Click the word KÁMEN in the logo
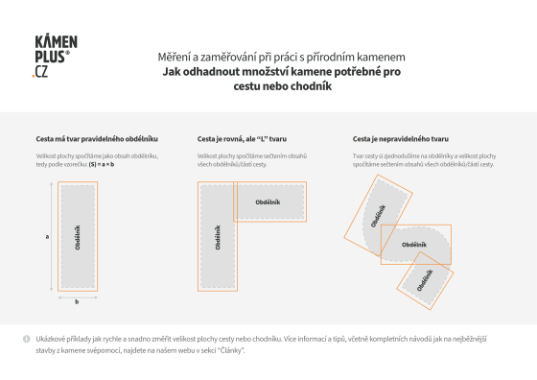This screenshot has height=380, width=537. (x=56, y=44)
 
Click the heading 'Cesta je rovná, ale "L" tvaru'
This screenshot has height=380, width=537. (x=236, y=139)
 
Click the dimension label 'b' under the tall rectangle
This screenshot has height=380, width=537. (x=77, y=299)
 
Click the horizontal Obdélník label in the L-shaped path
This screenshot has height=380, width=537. (x=268, y=202)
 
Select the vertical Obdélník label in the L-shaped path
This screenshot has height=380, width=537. (x=220, y=234)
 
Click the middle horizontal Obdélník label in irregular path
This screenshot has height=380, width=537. (x=413, y=245)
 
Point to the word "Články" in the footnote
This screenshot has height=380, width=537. (x=232, y=350)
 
